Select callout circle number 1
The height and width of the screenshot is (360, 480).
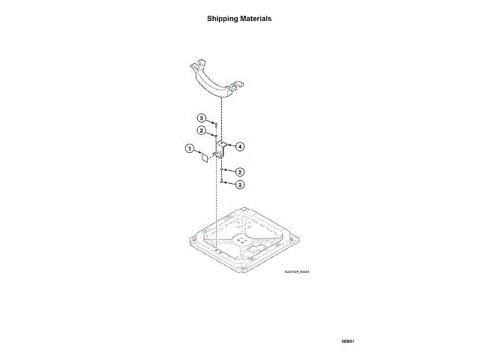click(x=190, y=148)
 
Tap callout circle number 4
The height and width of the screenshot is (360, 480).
click(x=241, y=145)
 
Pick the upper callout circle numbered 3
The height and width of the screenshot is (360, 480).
click(x=202, y=118)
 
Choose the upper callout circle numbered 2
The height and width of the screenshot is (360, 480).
click(x=202, y=130)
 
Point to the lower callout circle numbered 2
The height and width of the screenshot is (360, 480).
click(x=239, y=172)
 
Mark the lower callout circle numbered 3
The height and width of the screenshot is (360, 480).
click(x=239, y=184)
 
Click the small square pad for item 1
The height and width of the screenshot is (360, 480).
click(x=202, y=158)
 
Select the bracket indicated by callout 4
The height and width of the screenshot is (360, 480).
click(x=222, y=148)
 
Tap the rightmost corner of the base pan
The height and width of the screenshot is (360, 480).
click(x=299, y=238)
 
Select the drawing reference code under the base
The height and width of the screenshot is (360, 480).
click(x=297, y=272)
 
